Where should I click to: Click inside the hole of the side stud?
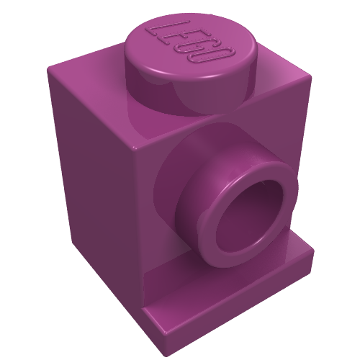click(x=250, y=211)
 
